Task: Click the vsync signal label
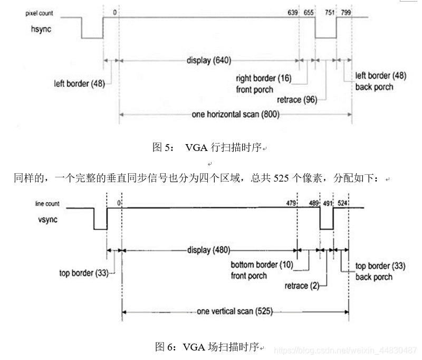[45, 219]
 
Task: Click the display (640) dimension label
[209, 60]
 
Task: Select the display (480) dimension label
[209, 250]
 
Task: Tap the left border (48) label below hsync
[79, 83]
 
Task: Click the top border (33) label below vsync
[84, 273]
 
